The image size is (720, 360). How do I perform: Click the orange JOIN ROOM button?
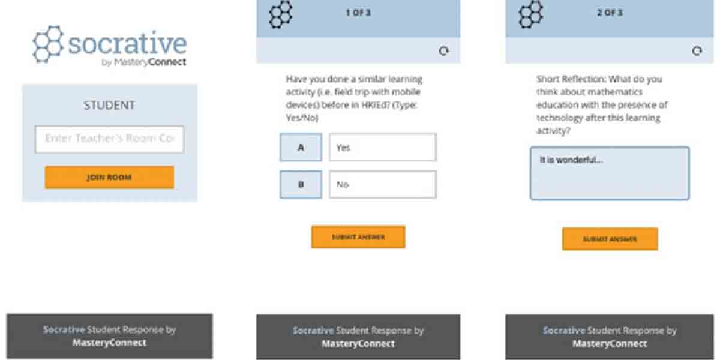[x=109, y=178]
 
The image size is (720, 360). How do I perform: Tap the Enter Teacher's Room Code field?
[x=109, y=139]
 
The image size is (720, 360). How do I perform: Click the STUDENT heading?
[x=109, y=106]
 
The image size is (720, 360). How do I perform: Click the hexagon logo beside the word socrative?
[x=48, y=44]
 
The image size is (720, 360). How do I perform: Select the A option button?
[x=301, y=148]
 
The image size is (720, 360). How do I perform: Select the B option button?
[x=301, y=185]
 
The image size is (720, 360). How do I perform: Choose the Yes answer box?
[x=382, y=148]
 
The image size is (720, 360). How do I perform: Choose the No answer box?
[x=382, y=185]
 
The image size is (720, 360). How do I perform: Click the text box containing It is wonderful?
[x=609, y=173]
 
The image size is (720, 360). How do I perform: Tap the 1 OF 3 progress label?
[x=358, y=13]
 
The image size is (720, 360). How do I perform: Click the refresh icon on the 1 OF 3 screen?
[x=443, y=52]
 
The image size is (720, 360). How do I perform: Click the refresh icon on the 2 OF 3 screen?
[x=697, y=52]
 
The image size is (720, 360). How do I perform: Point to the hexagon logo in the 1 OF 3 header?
[x=280, y=14]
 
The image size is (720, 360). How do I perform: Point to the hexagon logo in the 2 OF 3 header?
[x=530, y=14]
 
